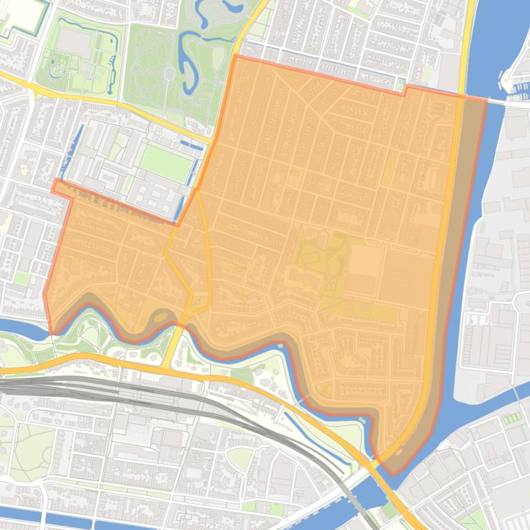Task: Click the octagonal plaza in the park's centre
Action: pyautogui.click(x=169, y=72)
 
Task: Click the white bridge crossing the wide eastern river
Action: pyautogui.click(x=507, y=103)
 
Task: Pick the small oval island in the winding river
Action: pyautogui.click(x=161, y=317)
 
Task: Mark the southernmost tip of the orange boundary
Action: pyautogui.click(x=393, y=474)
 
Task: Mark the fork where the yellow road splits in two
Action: pyautogui.click(x=198, y=193)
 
